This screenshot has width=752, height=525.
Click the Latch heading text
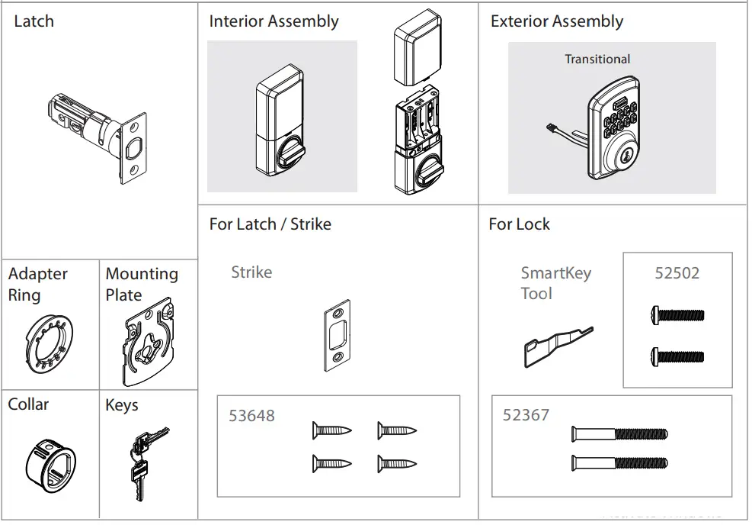click(34, 21)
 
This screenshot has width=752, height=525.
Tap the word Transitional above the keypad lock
click(597, 59)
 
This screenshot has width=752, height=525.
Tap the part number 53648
click(252, 416)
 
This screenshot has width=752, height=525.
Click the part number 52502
click(677, 273)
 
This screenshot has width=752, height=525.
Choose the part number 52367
click(526, 415)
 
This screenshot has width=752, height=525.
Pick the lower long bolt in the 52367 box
click(619, 462)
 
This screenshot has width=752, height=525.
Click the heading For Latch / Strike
click(270, 224)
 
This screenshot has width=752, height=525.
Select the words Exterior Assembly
click(557, 21)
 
